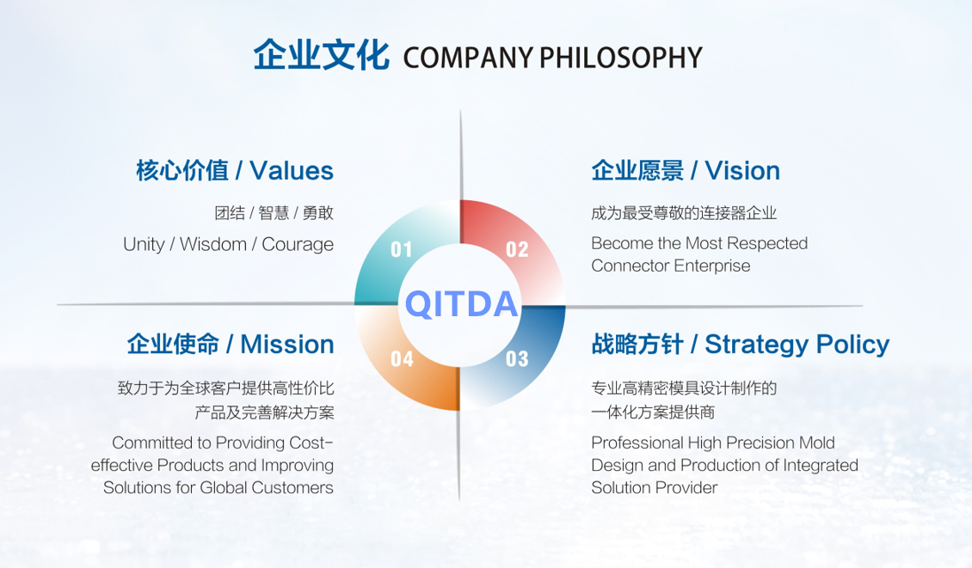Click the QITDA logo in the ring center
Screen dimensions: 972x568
click(461, 304)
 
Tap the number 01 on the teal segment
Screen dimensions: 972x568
click(402, 249)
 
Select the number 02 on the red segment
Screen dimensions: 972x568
click(517, 249)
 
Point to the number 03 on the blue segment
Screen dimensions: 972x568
click(517, 358)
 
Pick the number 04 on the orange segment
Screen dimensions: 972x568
click(402, 358)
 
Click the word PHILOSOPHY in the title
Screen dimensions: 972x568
click(621, 58)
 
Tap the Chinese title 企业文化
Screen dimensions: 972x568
click(321, 55)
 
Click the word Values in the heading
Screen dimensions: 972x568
click(292, 171)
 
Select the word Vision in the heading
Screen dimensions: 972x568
click(742, 171)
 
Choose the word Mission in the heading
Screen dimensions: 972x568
click(287, 345)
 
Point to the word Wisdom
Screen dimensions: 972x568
click(213, 244)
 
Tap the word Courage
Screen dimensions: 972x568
click(298, 245)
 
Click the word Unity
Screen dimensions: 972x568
click(144, 245)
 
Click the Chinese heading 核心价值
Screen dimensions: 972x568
click(182, 171)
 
